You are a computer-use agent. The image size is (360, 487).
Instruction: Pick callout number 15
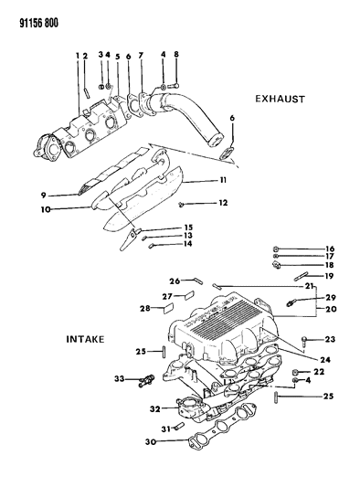163,228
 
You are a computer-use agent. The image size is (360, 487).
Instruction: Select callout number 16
306,248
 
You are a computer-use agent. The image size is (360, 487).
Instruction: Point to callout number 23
331,339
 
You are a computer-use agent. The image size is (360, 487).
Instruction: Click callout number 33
119,378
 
